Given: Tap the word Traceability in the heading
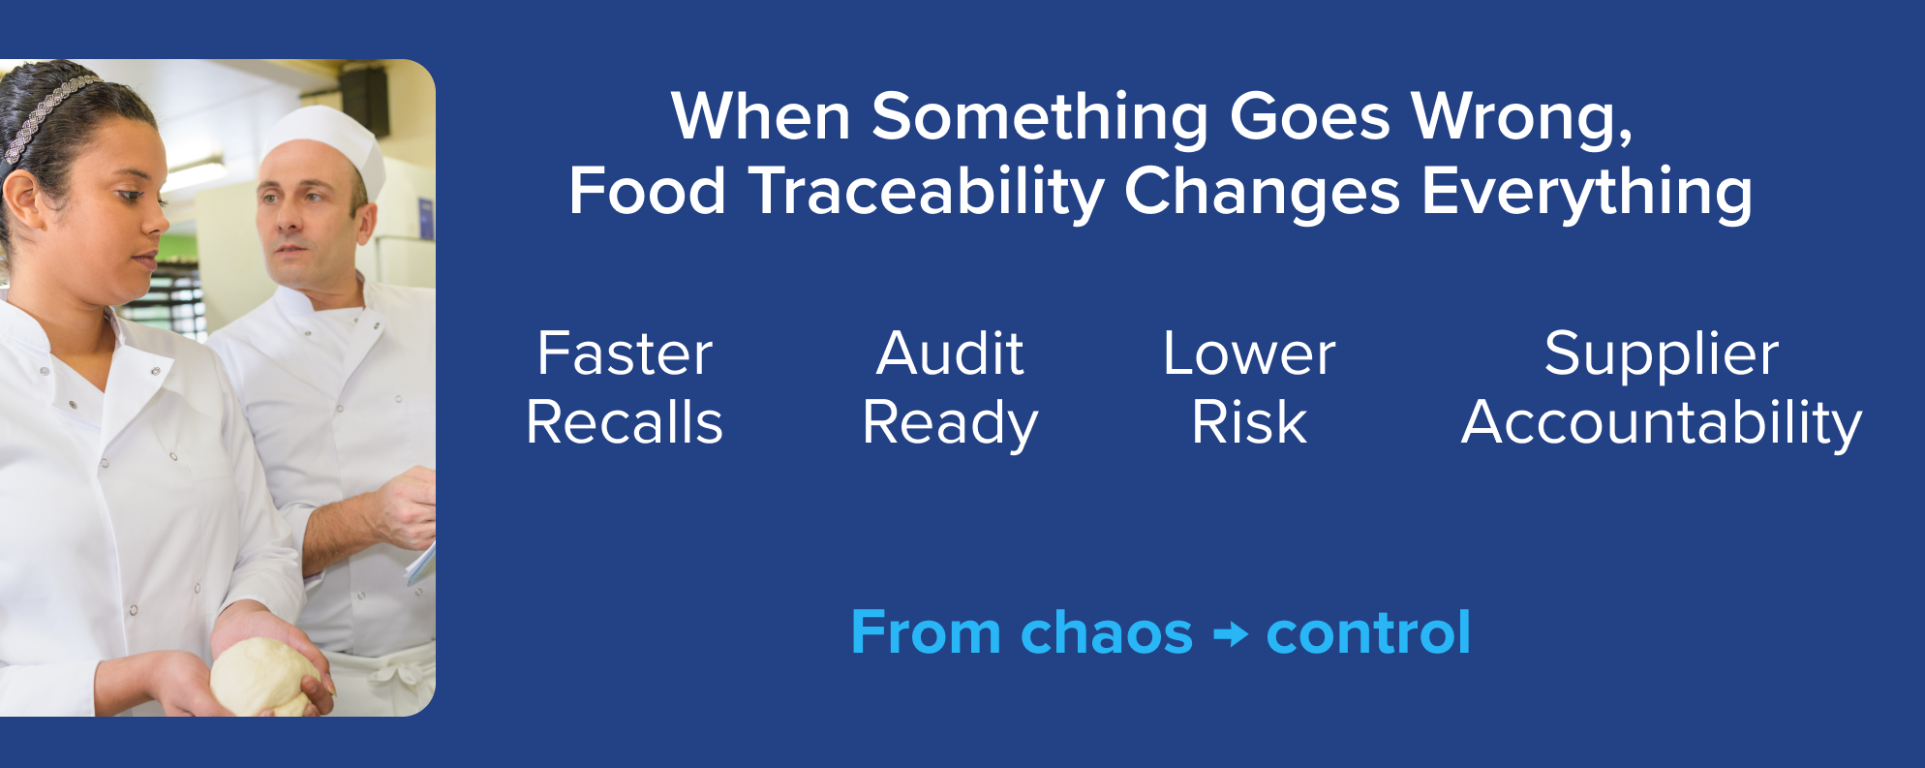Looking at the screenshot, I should (926, 192).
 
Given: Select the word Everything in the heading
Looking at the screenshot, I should (1586, 192).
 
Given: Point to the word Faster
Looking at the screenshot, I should (625, 353).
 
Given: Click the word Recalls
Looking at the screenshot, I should (625, 423).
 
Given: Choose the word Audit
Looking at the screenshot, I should (950, 353).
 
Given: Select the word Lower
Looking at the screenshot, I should (1249, 353).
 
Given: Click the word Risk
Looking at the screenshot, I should (1249, 423).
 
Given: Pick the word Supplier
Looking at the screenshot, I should (1662, 355).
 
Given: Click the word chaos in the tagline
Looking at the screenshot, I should (1107, 633).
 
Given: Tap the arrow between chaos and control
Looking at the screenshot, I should (1231, 635).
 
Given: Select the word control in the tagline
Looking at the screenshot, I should (1368, 633).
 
